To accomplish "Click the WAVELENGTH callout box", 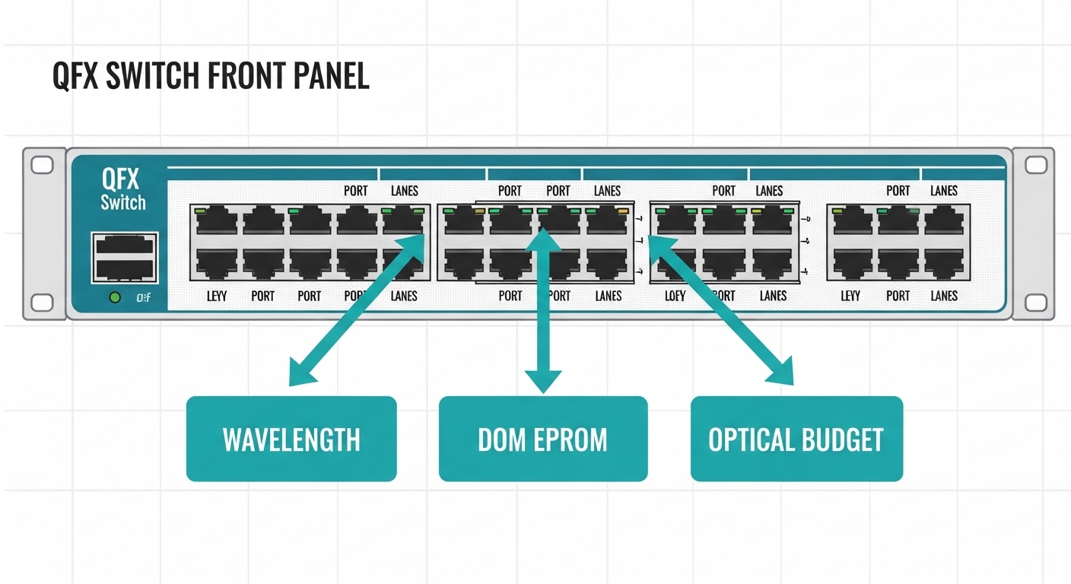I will [x=291, y=439].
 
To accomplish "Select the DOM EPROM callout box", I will [x=542, y=439].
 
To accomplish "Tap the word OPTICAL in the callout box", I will [x=751, y=440].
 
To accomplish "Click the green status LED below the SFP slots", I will [x=115, y=297].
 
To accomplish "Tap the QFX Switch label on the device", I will [x=122, y=190].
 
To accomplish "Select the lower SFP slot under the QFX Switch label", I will [x=125, y=268].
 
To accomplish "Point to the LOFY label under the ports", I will [x=675, y=296].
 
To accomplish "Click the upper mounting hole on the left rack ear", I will [x=42, y=165].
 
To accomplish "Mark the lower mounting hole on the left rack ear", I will [x=42, y=302].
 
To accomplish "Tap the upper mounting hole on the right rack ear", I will [x=1035, y=165].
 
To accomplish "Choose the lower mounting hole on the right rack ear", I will [x=1035, y=302].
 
